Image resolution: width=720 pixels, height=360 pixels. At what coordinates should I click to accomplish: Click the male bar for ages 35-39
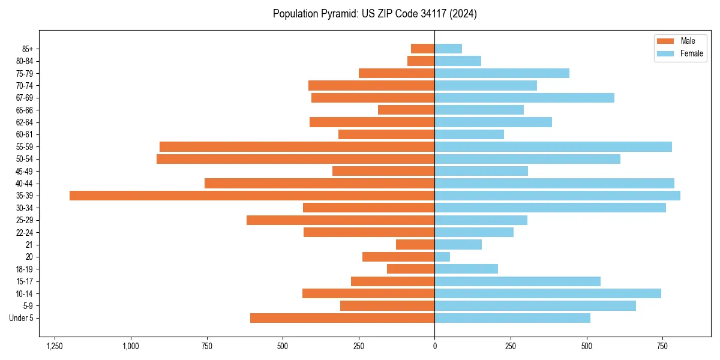coord(252,196)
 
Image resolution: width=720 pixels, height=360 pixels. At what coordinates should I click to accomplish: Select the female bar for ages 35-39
coord(557,196)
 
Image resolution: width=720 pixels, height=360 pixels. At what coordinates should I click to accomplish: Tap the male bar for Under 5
coord(342,318)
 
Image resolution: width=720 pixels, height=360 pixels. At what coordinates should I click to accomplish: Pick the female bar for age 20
coord(442,257)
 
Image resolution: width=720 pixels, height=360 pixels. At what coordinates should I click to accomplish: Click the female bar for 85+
coord(448,49)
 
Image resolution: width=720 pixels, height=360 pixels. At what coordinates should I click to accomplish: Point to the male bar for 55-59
coord(297,146)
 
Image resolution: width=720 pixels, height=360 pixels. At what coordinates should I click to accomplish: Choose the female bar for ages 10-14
coord(548,293)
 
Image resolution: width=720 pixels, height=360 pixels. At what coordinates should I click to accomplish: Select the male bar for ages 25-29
coord(340,220)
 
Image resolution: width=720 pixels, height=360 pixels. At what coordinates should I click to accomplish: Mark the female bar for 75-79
coord(502,73)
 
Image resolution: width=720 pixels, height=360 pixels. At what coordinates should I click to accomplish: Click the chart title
coord(374,14)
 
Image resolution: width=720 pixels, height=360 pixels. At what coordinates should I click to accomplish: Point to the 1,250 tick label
coord(55,346)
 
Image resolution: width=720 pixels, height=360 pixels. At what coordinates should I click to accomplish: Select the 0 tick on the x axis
coord(434,346)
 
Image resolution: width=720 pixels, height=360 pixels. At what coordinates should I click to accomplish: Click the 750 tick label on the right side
coord(662,346)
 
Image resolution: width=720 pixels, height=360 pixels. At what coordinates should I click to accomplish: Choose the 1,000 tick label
coord(131,346)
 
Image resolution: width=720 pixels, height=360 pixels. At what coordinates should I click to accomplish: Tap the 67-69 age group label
coord(25,98)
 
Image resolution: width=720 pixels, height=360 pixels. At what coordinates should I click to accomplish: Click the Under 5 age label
coord(21,318)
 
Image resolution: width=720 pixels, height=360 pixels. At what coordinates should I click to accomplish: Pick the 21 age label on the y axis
coord(29,245)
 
